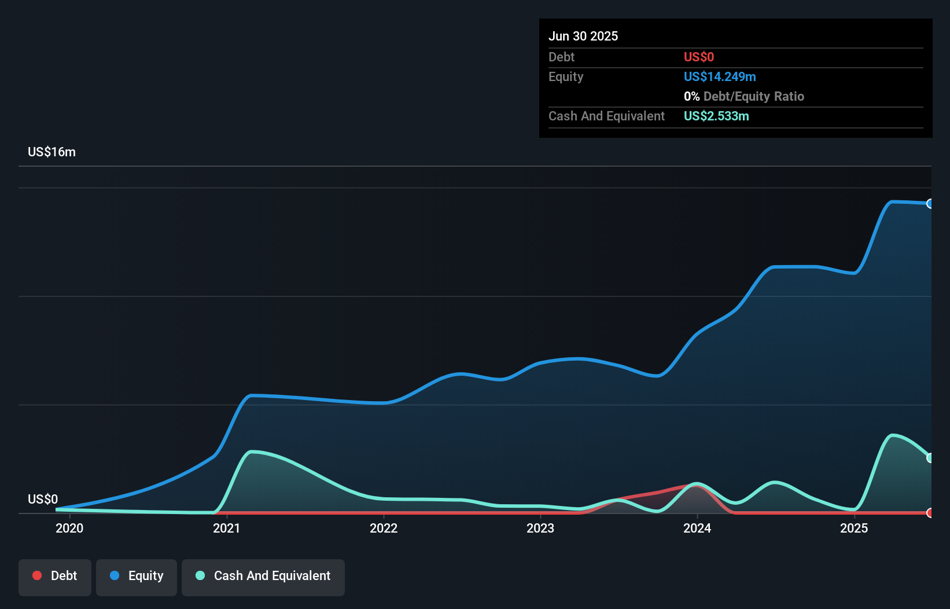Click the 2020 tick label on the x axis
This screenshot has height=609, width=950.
69,528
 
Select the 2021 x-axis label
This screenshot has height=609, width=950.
226,528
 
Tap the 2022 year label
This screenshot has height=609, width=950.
384,528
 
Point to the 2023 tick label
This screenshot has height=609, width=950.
540,528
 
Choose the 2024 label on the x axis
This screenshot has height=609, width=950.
697,528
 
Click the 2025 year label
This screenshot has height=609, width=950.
854,528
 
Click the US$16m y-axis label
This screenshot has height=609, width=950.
51,152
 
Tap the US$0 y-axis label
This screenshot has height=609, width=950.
43,499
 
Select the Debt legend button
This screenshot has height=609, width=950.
55,576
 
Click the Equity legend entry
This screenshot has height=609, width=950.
137,576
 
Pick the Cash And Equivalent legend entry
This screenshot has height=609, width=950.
263,576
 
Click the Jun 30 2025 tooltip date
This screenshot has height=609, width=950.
583,36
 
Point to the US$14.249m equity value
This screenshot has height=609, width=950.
720,76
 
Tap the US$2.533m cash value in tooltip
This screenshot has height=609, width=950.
716,116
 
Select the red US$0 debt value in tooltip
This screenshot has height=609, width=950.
699,57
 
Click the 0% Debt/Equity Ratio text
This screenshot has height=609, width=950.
744,96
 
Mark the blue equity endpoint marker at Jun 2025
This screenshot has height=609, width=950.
930,204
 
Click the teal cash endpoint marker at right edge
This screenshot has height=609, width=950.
930,458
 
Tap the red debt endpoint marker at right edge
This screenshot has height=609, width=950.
930,513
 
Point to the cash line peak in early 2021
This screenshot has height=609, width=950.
252,452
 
